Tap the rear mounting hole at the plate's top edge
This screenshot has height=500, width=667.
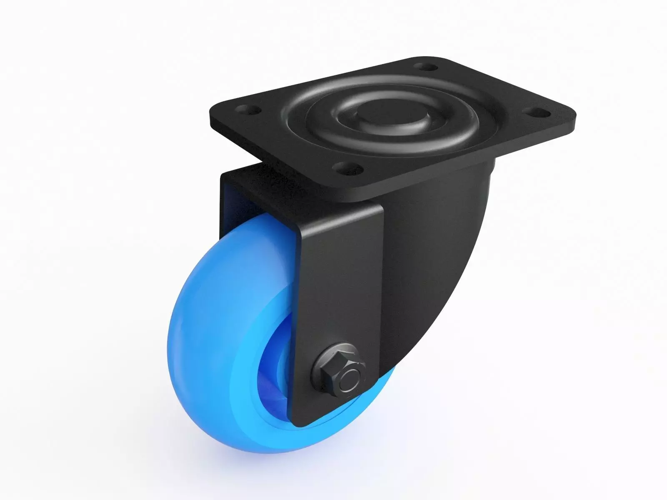point(424,66)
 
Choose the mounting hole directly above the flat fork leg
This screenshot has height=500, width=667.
point(347,168)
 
